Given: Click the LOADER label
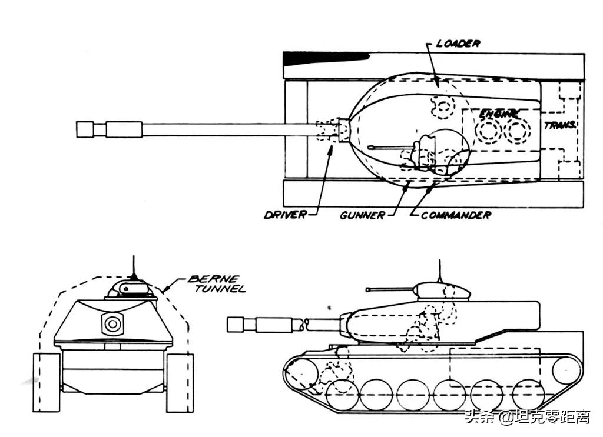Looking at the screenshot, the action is [458, 44].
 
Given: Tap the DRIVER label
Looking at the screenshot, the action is [286, 215].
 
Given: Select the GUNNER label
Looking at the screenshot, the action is [362, 215].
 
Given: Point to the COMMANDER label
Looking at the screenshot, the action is [456, 215].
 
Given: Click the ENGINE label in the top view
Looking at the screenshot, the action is [499, 114].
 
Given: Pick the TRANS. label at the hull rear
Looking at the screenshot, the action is [560, 125].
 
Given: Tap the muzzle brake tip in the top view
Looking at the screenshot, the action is [77, 129].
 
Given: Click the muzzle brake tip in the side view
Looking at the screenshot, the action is [228, 325].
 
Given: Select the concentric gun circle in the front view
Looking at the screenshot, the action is [112, 323].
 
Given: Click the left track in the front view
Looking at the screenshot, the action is [47, 382].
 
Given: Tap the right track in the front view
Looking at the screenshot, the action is [180, 382].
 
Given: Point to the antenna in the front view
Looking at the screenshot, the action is [134, 267].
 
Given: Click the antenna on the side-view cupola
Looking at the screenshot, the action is [440, 271].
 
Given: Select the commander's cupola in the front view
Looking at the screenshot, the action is [128, 289].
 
